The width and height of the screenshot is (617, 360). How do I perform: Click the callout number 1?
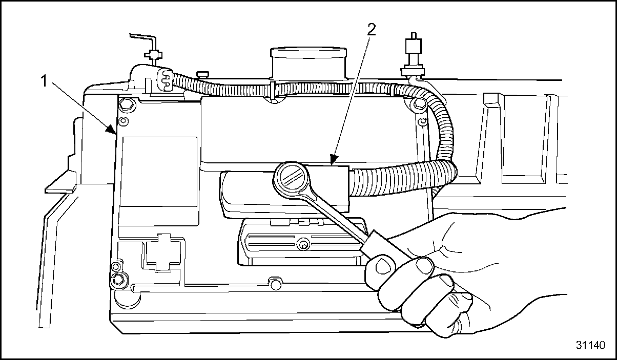coord(44,81)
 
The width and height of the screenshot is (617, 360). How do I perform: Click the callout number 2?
coord(371,30)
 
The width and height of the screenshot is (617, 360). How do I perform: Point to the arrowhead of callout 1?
coord(112,130)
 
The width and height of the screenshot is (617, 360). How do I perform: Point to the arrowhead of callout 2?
coord(333,160)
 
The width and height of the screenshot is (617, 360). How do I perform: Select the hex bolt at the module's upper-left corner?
coord(127,104)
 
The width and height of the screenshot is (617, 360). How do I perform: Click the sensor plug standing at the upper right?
coord(412,55)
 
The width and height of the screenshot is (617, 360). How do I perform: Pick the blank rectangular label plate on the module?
coord(159,172)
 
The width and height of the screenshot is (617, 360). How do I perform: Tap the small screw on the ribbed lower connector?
coord(303,244)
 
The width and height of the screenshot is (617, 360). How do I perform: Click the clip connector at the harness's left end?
coord(164,80)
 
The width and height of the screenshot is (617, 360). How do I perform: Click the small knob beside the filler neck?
coord(202,74)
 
